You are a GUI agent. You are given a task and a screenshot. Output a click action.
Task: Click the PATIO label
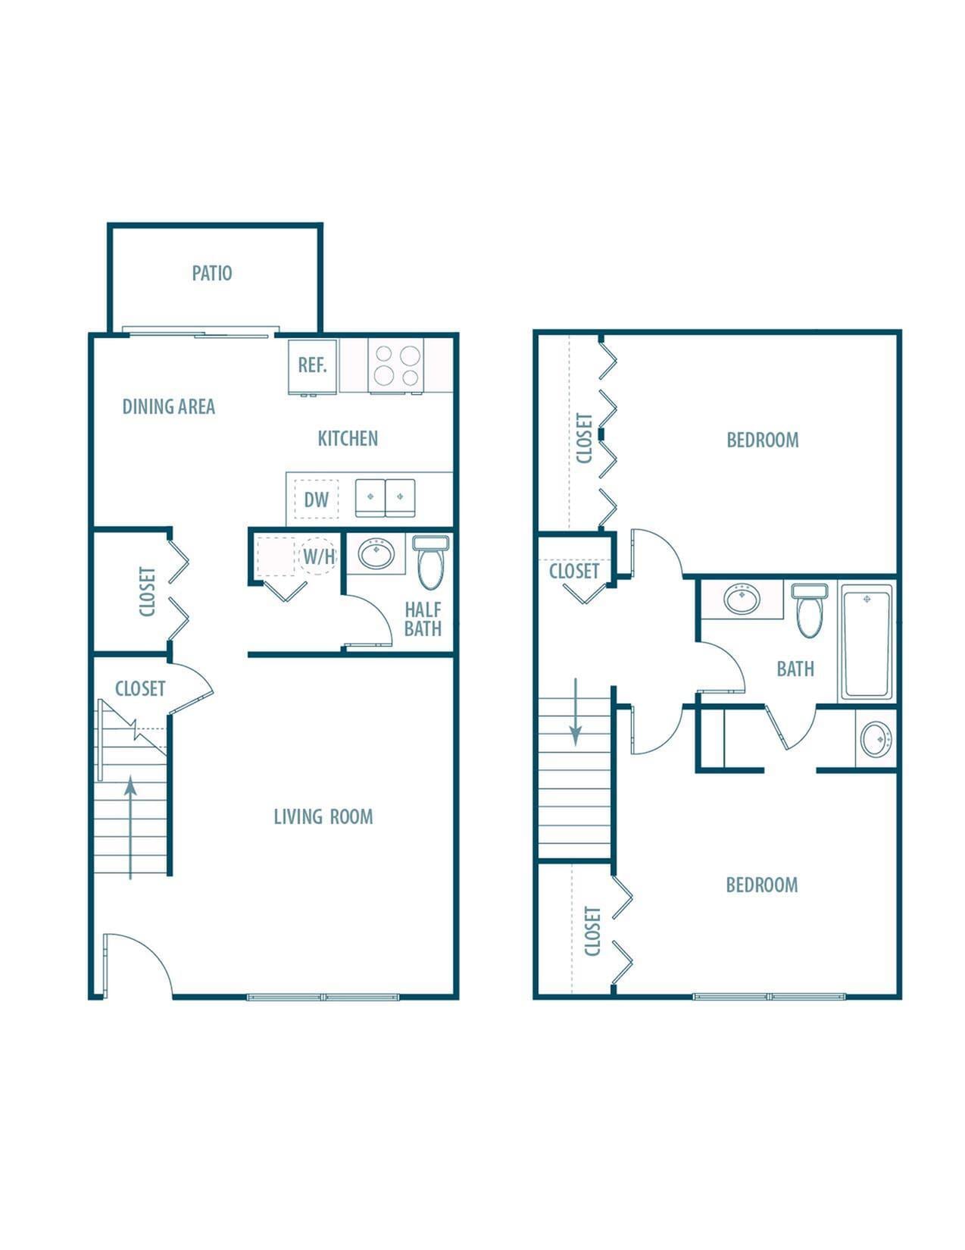(x=211, y=273)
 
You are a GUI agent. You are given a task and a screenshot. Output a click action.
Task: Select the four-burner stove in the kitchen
(x=397, y=365)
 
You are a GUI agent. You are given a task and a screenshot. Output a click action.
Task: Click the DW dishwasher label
(x=317, y=500)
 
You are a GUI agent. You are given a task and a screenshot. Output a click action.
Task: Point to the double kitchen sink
(x=386, y=497)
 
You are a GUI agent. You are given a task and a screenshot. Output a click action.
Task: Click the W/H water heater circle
(x=319, y=556)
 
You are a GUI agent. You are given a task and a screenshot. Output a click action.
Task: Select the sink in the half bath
(x=376, y=554)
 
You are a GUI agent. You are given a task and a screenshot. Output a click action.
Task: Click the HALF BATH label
(x=423, y=619)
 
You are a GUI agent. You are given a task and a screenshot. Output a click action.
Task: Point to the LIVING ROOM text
(x=323, y=816)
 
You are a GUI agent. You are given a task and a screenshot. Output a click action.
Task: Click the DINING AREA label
(x=169, y=407)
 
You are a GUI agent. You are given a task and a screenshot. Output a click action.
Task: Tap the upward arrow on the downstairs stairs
(x=130, y=826)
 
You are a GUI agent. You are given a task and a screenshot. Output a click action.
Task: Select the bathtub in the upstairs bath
(x=867, y=641)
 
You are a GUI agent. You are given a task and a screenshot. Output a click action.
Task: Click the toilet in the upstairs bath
(x=806, y=611)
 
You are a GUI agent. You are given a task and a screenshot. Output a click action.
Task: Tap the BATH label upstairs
(x=795, y=669)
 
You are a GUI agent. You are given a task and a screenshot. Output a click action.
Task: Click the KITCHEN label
(x=348, y=438)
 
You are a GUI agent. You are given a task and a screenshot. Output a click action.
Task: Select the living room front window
(x=323, y=997)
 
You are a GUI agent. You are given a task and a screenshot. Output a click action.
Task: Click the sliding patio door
(x=197, y=333)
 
